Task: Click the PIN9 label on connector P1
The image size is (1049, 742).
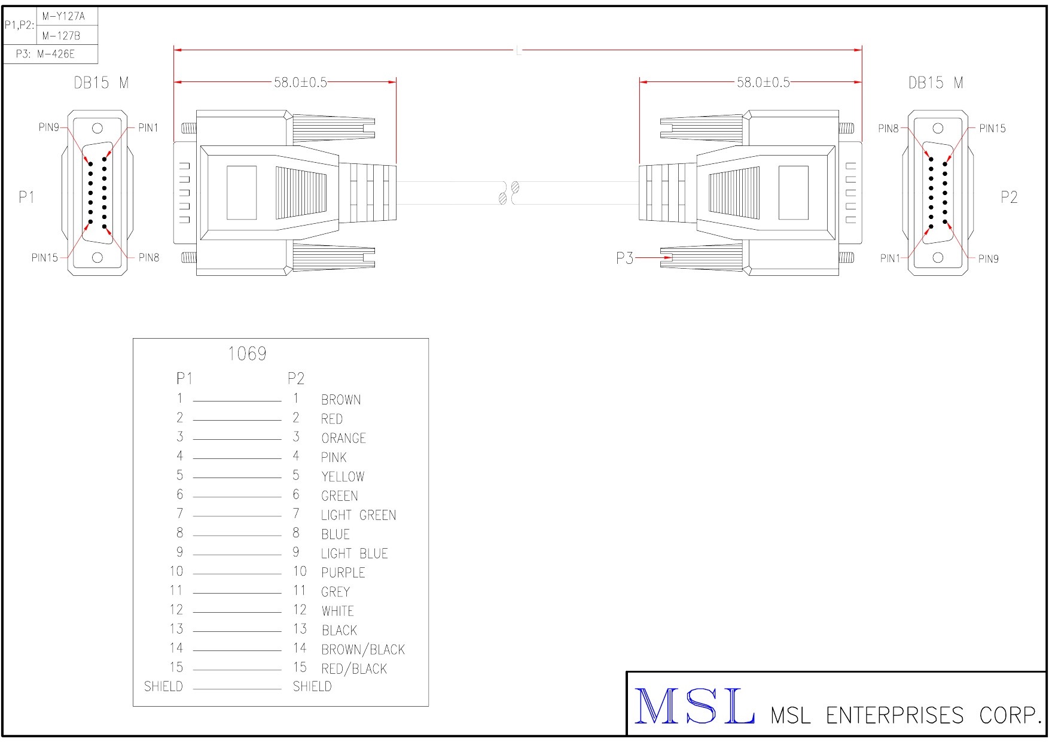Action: tap(48, 127)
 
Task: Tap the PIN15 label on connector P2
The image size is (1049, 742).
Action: tap(992, 128)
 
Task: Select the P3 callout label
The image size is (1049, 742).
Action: tap(624, 258)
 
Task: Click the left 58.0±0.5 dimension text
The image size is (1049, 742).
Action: tap(300, 82)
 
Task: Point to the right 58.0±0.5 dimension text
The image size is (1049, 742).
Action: tap(763, 82)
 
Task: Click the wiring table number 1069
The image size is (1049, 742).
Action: tap(247, 354)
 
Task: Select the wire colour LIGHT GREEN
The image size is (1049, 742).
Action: tap(358, 515)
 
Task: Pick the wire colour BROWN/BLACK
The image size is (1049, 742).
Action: tap(363, 649)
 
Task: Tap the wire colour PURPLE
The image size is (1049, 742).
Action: tap(343, 573)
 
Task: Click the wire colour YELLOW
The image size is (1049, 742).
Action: tap(343, 477)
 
